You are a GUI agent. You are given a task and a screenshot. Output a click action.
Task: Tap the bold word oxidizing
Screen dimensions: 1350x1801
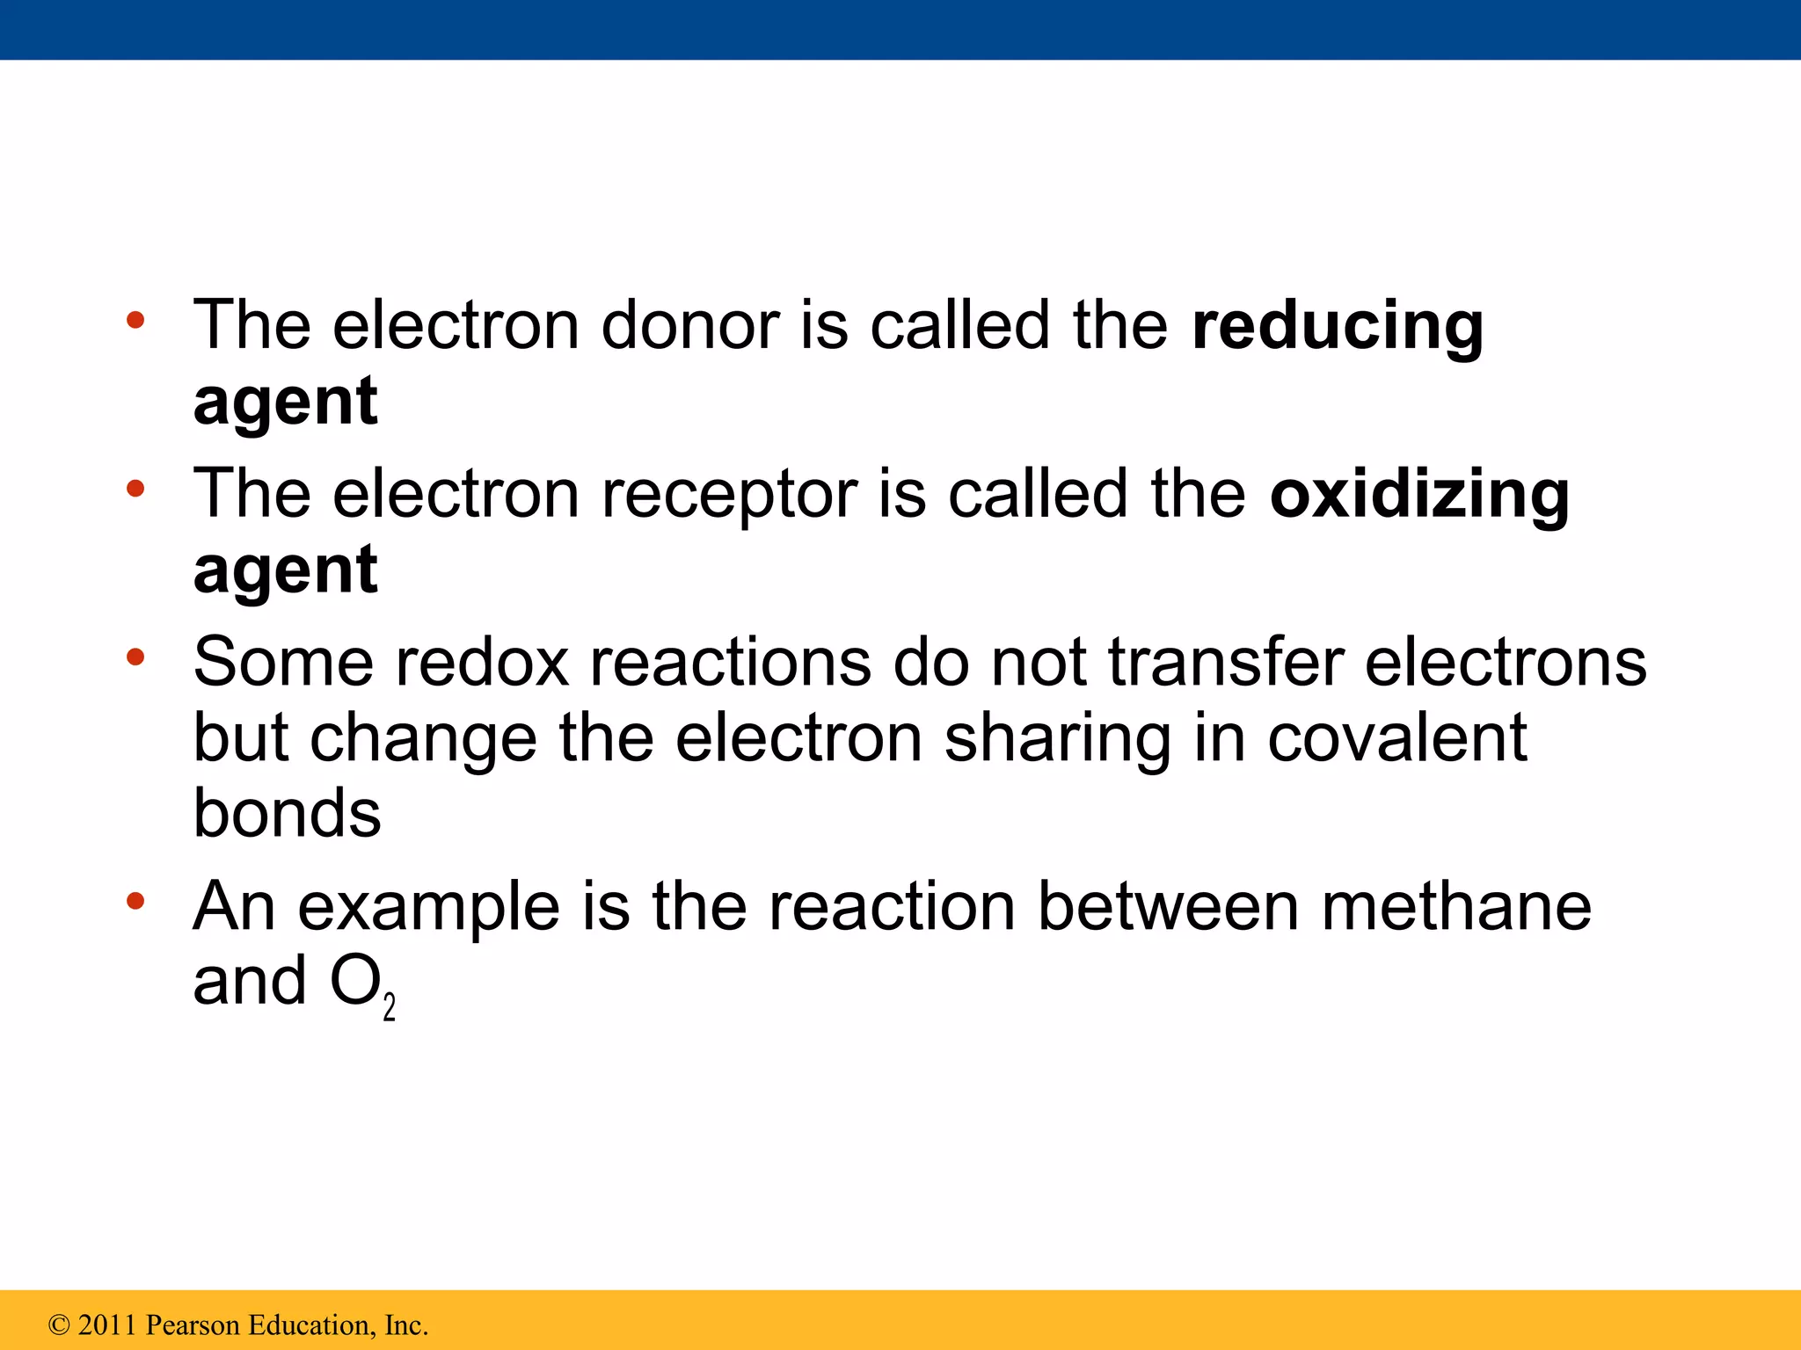coord(1418,495)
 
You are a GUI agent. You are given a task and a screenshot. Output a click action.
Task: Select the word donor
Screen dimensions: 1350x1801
coord(690,325)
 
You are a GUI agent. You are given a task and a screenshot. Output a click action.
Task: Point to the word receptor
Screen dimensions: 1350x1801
coord(729,495)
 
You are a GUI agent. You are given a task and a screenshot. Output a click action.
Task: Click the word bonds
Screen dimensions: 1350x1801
coord(287,813)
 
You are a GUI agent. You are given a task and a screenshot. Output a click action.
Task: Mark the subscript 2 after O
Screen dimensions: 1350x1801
coord(390,1006)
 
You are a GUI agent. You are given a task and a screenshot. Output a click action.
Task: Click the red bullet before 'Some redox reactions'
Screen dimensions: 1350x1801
coord(135,657)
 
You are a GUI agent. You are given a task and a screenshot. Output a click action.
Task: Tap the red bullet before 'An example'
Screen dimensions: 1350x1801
coord(135,900)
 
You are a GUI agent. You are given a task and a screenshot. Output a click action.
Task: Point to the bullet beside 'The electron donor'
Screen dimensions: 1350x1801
coord(135,320)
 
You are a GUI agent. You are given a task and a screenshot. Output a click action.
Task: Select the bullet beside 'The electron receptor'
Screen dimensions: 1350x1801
coord(135,489)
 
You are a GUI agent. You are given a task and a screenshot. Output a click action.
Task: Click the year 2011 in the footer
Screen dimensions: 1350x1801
coord(107,1325)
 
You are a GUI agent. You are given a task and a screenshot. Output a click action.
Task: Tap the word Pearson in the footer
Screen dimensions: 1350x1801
coord(193,1325)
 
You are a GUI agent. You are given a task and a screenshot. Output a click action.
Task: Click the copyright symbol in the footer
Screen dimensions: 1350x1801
coord(59,1325)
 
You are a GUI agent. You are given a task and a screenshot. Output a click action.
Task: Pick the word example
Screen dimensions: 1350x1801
coord(428,908)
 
